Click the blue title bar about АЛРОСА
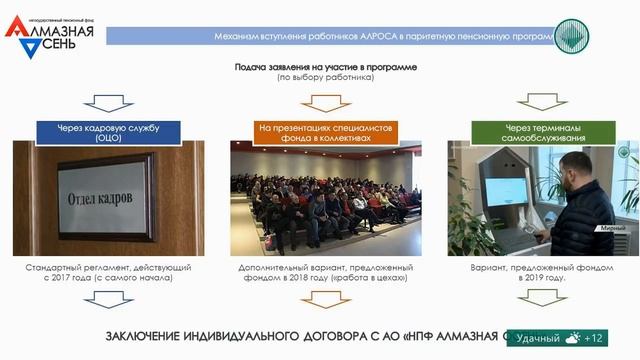[330, 36]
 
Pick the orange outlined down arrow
[319, 104]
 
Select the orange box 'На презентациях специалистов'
[319, 133]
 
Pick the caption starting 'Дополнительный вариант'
[319, 273]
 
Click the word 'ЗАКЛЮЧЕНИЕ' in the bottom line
[146, 335]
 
